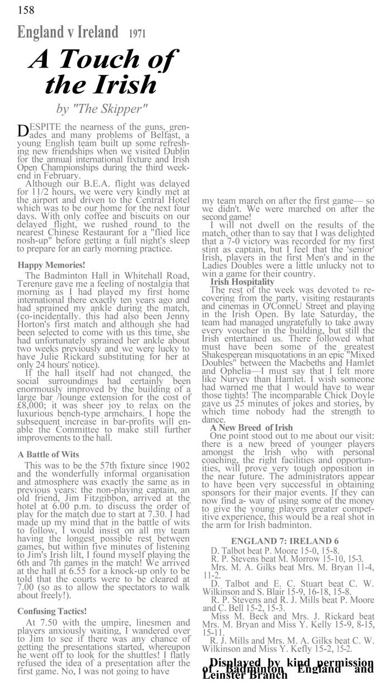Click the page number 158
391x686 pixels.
[x=26, y=9]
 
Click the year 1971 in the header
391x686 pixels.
[x=137, y=34]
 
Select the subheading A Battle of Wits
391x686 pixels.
[x=48, y=454]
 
